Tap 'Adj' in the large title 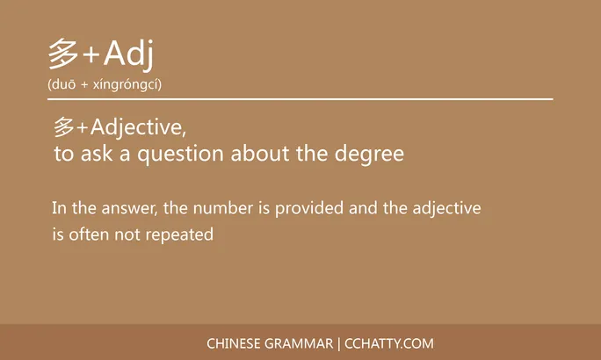tap(128, 54)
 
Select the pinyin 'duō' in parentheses tap(64, 84)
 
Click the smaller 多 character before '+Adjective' tap(63, 128)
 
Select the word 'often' tap(90, 235)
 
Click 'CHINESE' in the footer tap(235, 343)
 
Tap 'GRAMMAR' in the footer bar tap(300, 343)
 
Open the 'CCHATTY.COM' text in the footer tap(389, 343)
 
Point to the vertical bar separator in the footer tap(340, 343)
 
